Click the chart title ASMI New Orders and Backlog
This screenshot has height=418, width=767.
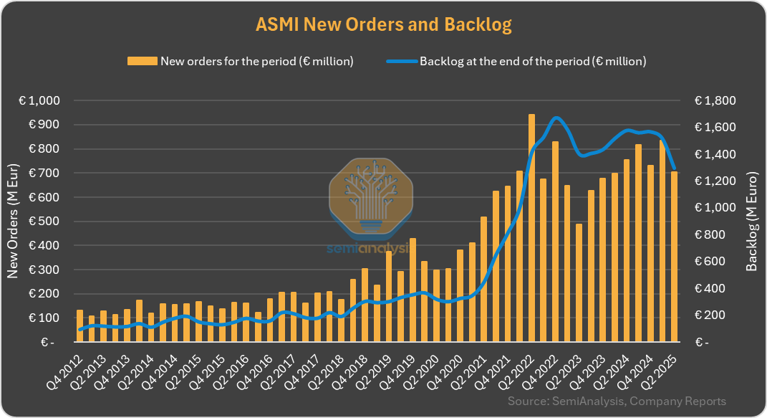383,24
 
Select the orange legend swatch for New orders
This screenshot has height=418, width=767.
142,61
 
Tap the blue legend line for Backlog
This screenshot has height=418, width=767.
401,61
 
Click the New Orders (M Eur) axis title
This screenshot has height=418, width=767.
13,222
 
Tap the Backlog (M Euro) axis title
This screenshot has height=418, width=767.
751,222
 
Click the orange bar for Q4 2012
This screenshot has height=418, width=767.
79,326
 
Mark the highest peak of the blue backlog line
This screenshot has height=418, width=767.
556,118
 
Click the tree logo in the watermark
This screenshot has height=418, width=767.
370,198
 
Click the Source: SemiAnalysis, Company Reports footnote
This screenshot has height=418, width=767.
617,402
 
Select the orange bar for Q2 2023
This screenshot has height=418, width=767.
579,282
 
